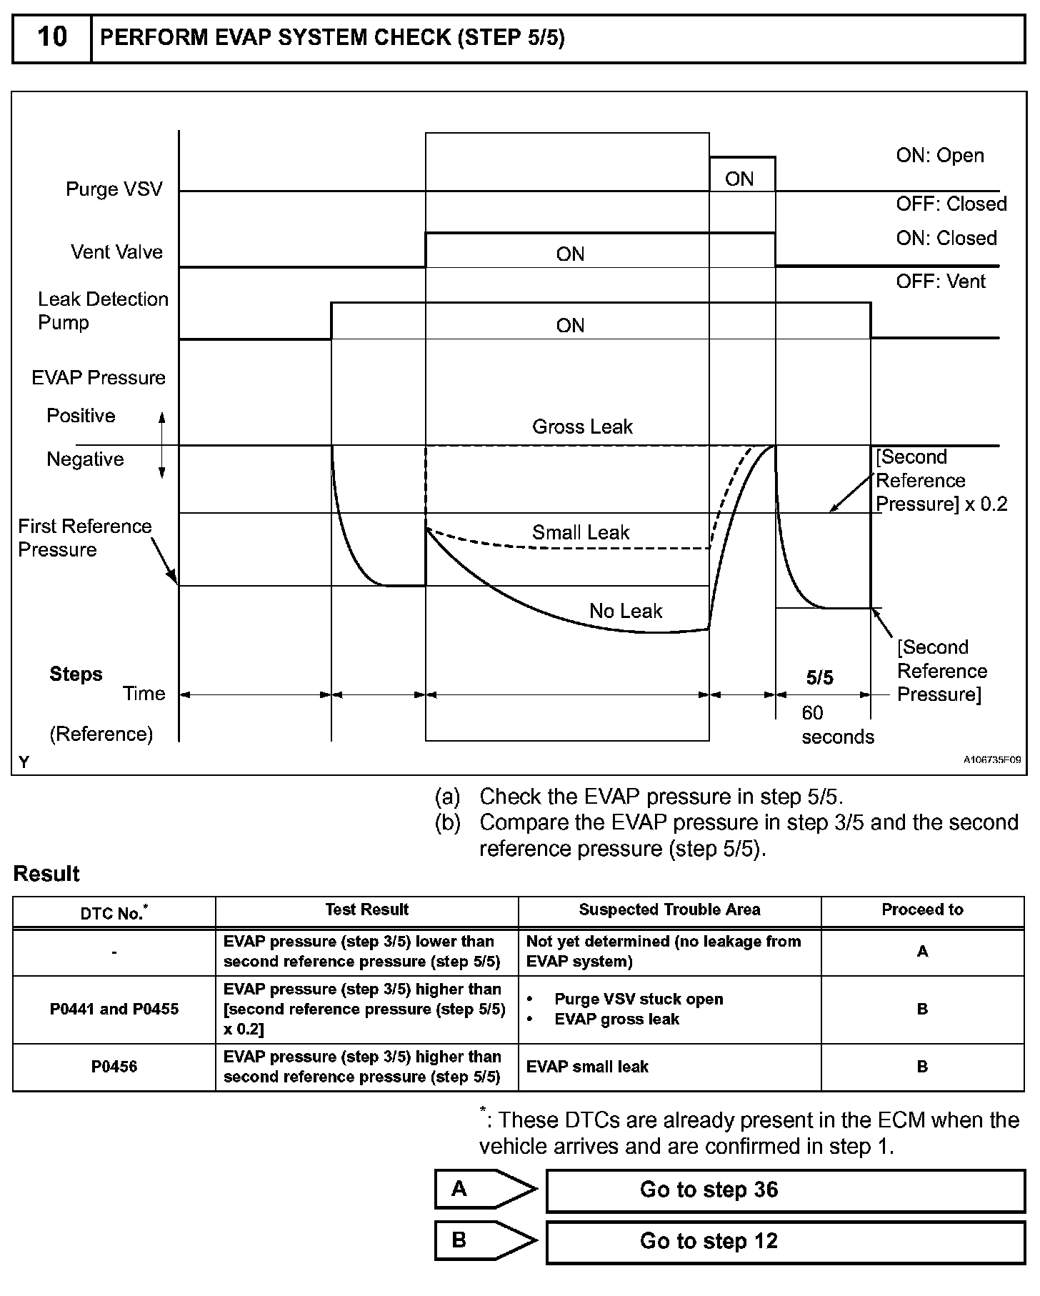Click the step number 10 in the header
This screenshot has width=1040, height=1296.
point(51,37)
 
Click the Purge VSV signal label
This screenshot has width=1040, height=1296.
point(114,189)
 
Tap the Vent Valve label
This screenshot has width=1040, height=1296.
point(116,252)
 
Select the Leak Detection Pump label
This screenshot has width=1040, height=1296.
point(103,311)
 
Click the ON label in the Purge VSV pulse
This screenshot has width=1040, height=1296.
point(739,179)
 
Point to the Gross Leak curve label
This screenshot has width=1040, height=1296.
point(582,427)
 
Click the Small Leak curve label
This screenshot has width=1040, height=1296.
point(581,533)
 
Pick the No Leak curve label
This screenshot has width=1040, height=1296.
point(626,612)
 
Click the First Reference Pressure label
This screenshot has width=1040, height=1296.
point(84,538)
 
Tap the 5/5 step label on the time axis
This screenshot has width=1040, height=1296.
point(820,678)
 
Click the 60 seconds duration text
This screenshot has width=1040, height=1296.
point(837,725)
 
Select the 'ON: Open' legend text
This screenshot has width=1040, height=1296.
point(940,156)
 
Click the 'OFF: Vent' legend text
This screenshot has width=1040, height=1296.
point(941,282)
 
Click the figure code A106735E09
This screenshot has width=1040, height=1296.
point(991,760)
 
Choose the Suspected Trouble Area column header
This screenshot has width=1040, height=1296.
point(669,910)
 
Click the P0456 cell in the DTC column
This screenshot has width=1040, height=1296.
point(114,1067)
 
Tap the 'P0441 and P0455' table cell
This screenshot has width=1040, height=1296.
point(114,1010)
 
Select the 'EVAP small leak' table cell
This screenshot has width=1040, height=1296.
point(587,1067)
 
